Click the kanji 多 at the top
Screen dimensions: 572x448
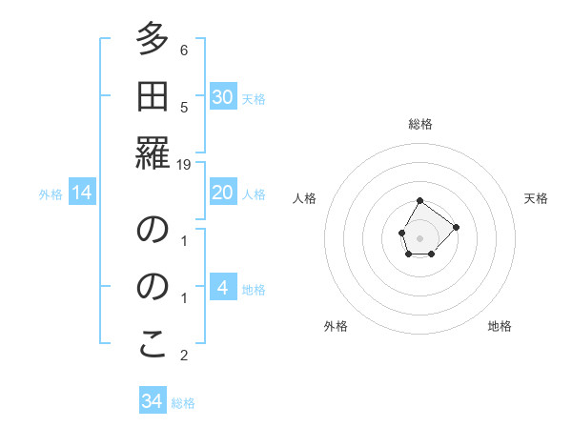tap(153, 42)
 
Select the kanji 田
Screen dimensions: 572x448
tap(153, 97)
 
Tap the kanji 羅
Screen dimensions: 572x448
tap(153, 152)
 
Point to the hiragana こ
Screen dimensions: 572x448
tap(153, 346)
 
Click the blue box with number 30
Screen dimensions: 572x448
tap(222, 97)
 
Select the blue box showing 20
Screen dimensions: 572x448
tap(222, 193)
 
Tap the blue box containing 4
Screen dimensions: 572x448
tap(222, 288)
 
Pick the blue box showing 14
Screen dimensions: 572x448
tap(82, 193)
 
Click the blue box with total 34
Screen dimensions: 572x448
tap(153, 401)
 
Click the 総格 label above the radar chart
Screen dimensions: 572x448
tap(420, 124)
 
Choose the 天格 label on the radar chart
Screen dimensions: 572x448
tap(536, 198)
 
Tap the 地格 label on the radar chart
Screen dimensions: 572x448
tap(500, 326)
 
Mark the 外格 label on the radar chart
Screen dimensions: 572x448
tap(336, 326)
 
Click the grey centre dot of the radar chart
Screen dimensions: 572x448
tap(419, 236)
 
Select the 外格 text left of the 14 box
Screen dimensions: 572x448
tap(51, 194)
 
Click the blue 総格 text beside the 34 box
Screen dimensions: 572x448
tap(183, 403)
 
